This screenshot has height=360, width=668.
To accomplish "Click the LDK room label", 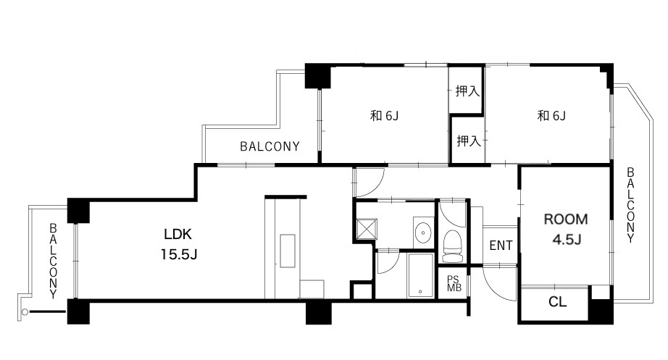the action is point(178,234).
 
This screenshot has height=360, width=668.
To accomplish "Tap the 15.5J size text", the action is point(178,254).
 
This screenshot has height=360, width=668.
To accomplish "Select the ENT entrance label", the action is point(501,246).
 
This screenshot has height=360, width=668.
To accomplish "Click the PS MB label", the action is point(454,283).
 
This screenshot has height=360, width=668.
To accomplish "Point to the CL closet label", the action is point(557,302).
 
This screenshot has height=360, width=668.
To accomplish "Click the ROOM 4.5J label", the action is point(566,229).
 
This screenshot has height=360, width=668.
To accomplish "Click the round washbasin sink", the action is point(423,233).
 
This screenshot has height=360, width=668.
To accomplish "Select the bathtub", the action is point(420,275).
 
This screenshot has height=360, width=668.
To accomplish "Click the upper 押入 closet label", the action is point(467,91).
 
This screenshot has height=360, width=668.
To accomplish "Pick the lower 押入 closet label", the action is point(469,141).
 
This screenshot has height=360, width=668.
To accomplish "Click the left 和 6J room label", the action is point(384,115).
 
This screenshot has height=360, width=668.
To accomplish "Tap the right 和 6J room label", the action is point(551,115).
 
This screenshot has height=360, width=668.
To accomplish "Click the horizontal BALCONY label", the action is point(270,146).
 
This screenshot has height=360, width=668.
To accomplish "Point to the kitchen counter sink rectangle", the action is point(288,251).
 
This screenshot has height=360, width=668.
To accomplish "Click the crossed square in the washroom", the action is point(367,229).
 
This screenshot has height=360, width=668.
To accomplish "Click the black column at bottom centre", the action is point(319,312).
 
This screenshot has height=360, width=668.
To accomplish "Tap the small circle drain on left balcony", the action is point(25,312).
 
